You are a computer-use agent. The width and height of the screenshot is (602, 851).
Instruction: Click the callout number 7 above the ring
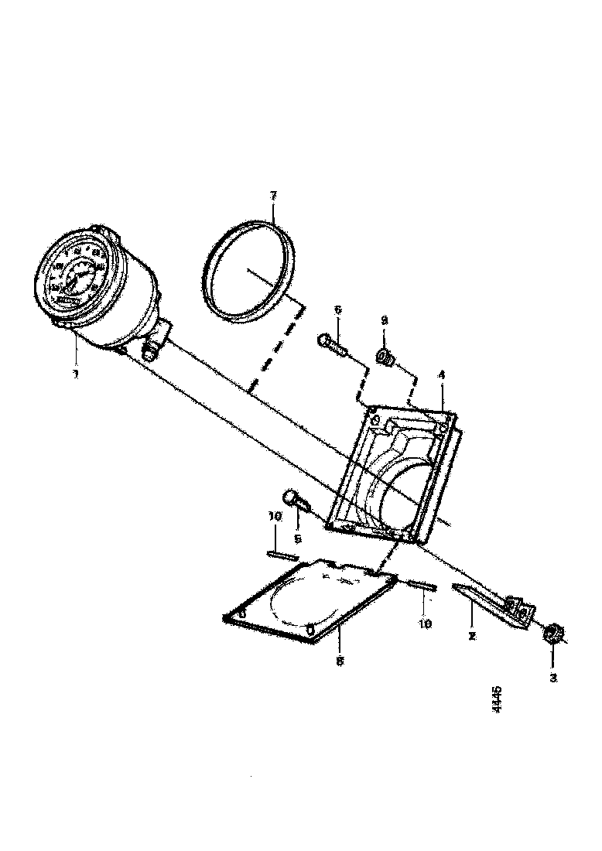(x=272, y=197)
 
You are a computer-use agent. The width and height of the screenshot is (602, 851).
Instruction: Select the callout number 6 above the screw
(x=337, y=310)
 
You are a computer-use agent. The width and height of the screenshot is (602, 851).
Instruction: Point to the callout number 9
(x=383, y=320)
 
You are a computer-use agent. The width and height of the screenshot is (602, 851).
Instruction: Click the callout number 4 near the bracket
(x=441, y=374)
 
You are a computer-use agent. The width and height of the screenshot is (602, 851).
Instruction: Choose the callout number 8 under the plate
(x=340, y=661)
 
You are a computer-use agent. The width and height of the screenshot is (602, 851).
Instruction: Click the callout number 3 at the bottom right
(x=552, y=678)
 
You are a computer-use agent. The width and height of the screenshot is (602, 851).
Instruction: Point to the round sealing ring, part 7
(x=253, y=268)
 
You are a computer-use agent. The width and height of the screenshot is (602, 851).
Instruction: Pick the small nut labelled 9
(x=383, y=357)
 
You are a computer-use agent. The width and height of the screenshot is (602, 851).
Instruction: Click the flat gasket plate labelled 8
(x=310, y=600)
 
